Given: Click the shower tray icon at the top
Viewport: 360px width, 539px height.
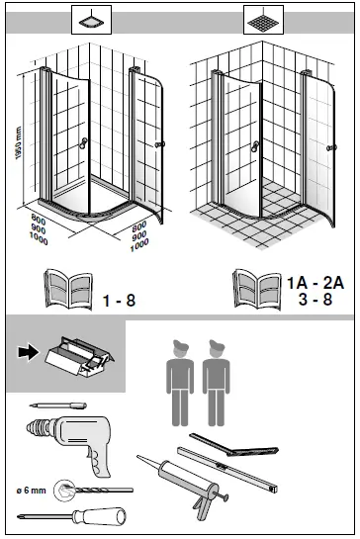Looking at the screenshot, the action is click(x=91, y=20).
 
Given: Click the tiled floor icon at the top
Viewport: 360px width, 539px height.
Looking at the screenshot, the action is click(x=263, y=20).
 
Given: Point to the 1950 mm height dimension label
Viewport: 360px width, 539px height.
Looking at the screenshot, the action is click(x=19, y=142).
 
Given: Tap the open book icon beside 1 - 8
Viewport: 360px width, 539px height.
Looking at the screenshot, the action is click(x=68, y=290).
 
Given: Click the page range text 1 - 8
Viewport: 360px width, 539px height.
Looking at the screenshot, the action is click(x=119, y=301).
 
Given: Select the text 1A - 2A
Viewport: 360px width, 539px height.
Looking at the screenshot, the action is click(x=315, y=283).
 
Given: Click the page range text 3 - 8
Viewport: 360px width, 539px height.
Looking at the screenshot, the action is click(x=315, y=299).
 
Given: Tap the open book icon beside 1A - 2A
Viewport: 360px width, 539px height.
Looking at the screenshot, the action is click(x=257, y=290).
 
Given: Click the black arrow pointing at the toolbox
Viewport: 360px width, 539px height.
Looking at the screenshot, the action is click(x=29, y=353).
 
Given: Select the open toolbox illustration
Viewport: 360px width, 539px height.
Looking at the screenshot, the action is click(x=79, y=357).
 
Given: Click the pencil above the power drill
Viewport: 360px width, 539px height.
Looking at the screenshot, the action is click(x=57, y=405).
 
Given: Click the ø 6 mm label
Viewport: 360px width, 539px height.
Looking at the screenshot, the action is click(x=31, y=491).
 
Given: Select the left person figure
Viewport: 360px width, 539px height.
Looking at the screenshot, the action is click(x=180, y=383).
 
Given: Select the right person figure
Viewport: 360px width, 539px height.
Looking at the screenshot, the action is click(x=216, y=383).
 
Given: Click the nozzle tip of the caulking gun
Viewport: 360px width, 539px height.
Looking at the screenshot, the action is click(x=138, y=457).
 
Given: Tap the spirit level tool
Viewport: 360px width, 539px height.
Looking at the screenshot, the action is click(x=227, y=469).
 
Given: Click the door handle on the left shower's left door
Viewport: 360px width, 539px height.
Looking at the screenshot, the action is click(x=83, y=143).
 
